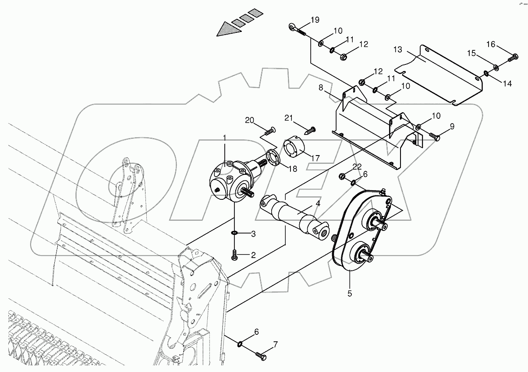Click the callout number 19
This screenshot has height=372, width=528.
point(315,20)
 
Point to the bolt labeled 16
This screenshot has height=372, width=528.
point(514,57)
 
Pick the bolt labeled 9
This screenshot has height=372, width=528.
point(435,137)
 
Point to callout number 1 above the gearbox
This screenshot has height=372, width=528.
point(224,138)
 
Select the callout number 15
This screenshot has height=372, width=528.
point(471,53)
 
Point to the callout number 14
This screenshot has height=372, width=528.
point(507,83)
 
